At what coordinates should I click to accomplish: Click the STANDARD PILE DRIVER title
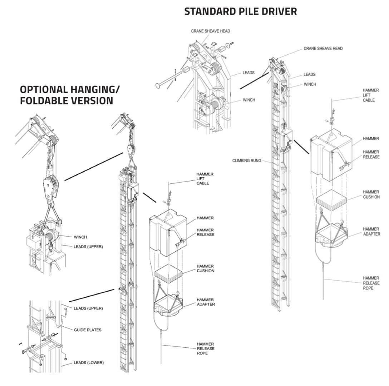(x=240, y=11)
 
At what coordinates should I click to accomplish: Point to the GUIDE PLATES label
(x=87, y=330)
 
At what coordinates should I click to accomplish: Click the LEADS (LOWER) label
(x=89, y=362)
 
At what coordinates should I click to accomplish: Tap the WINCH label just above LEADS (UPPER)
(x=80, y=237)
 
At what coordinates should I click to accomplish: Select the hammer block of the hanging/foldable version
(x=168, y=232)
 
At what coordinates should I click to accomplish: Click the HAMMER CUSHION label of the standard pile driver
(x=371, y=194)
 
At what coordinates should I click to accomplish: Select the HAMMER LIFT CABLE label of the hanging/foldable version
(x=205, y=179)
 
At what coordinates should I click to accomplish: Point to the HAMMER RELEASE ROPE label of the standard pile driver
(x=371, y=283)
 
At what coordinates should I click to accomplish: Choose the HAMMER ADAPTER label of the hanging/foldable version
(x=206, y=302)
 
